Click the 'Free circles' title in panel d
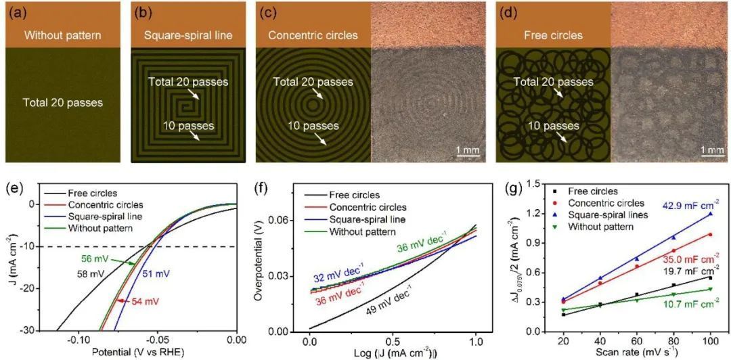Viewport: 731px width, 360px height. (554, 35)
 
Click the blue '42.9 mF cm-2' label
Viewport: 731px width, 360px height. (686, 202)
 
